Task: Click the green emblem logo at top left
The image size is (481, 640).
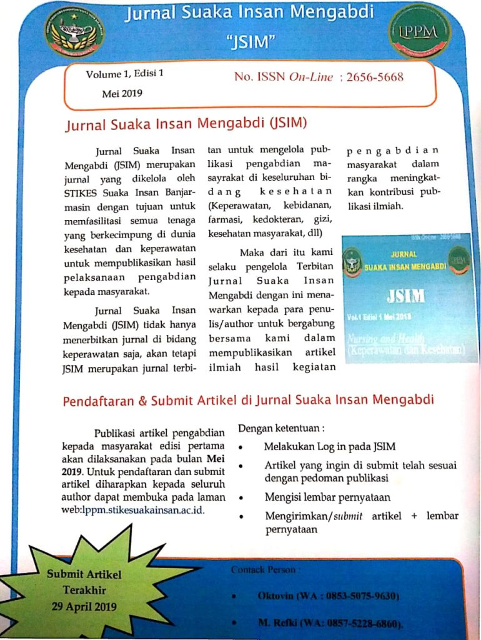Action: (74, 33)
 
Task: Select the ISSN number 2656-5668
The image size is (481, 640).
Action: (375, 77)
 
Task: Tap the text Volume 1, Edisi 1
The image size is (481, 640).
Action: (124, 74)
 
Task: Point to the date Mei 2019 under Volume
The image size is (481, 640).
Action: (122, 94)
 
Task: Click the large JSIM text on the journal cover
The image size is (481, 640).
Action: (405, 295)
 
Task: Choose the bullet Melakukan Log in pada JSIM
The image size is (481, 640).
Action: (329, 446)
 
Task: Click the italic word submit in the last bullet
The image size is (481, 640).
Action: (349, 516)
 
